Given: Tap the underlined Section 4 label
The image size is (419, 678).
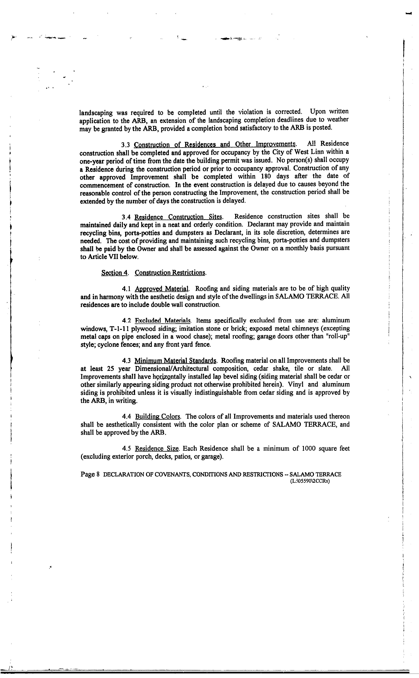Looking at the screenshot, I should tap(114, 273).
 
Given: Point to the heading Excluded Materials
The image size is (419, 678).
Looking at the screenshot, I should tap(163, 321).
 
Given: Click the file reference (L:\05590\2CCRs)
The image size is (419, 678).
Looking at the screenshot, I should tap(310, 482).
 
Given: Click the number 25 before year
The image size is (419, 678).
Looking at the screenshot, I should tap(108, 369).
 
